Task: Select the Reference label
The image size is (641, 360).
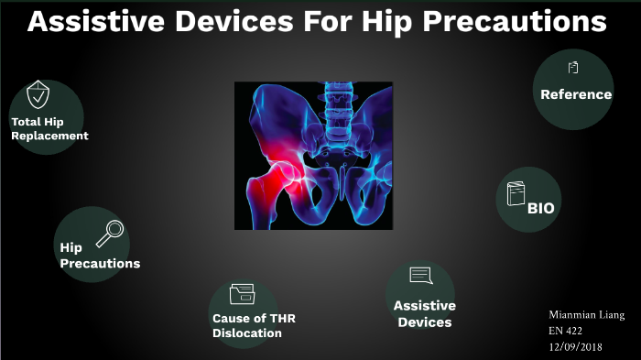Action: (575, 94)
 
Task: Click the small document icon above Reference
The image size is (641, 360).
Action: (573, 67)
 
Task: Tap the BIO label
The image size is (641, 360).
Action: (540, 208)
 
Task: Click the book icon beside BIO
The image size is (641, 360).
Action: (516, 194)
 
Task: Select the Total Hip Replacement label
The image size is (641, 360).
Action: (49, 129)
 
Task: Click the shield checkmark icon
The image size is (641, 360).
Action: (38, 93)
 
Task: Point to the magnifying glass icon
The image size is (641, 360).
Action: (109, 234)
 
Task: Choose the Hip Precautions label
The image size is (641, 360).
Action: (99, 256)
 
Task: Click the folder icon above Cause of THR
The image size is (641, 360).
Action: (243, 293)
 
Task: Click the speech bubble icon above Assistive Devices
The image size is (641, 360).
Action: (420, 276)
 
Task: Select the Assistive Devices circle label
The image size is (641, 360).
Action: (424, 314)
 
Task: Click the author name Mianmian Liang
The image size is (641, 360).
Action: (587, 315)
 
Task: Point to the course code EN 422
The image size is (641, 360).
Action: (568, 330)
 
